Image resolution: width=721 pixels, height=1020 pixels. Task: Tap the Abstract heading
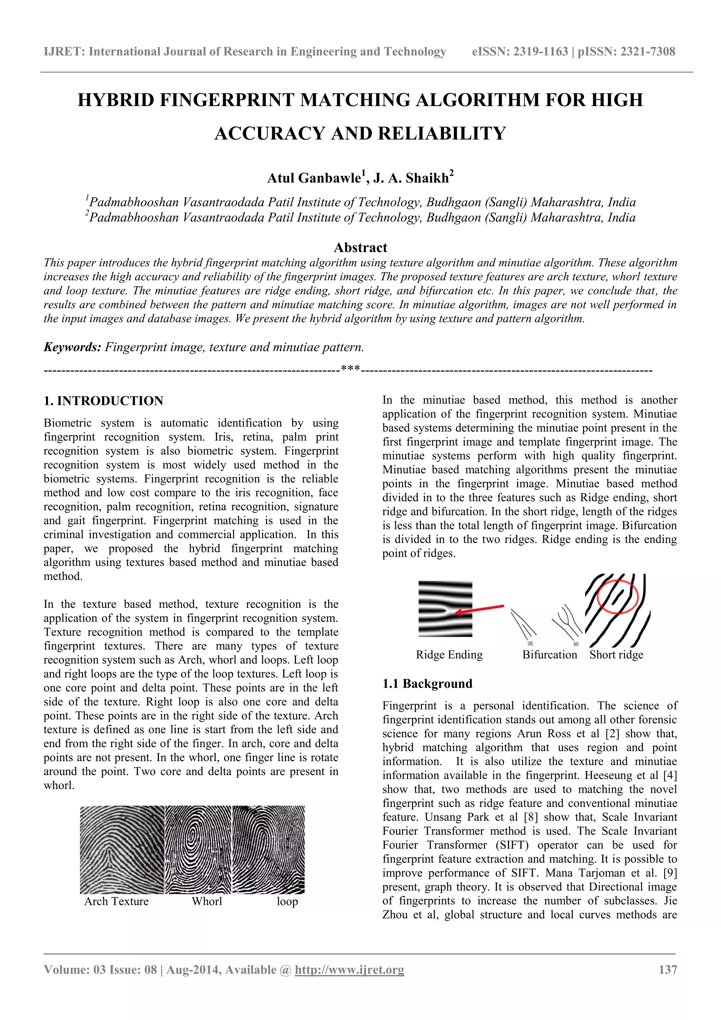click(360, 247)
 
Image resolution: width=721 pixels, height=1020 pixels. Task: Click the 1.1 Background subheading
click(427, 684)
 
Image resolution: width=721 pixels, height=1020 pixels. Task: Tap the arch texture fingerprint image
click(122, 849)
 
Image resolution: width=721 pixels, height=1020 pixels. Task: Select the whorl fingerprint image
click(199, 849)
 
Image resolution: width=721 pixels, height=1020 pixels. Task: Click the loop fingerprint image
click(269, 849)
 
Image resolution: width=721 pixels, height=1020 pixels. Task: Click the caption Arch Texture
click(116, 901)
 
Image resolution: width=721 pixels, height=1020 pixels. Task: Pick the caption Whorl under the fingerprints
click(207, 901)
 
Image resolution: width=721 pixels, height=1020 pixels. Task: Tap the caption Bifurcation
click(550, 655)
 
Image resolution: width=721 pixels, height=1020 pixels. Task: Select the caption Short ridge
click(616, 655)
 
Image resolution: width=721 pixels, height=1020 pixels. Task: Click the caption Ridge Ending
click(449, 655)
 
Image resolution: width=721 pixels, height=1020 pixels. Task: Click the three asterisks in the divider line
click(350, 368)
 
